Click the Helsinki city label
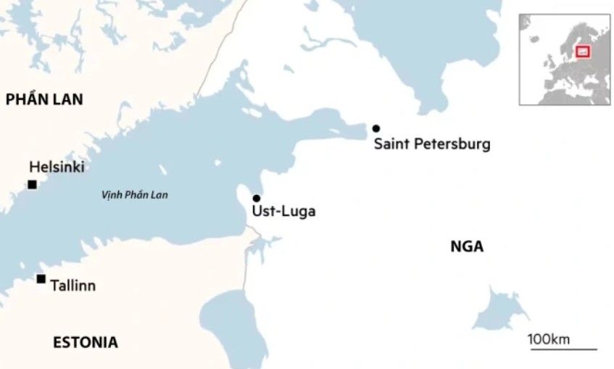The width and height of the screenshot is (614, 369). pos(57,167)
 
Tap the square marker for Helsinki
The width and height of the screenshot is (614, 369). pos(32,185)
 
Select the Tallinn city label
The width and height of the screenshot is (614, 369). pos(72,286)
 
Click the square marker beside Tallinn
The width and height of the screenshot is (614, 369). pos(41,279)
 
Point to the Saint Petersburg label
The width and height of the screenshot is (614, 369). pos(432,144)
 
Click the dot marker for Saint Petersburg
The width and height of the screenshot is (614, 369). pos(376,128)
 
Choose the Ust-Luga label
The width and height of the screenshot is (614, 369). pos(283,212)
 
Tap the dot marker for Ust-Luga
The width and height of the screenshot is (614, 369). pos(256,198)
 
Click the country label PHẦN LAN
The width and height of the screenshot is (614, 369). pos(44,100)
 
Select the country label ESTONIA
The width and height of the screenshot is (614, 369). pos(86,342)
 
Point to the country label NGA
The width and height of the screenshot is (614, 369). pos(467,247)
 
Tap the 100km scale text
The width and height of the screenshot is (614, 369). pos(549,339)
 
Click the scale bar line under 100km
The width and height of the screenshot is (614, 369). pos(563,349)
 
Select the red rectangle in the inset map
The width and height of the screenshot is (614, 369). pos(582,51)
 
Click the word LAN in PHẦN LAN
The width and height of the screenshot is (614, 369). pos(67,100)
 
